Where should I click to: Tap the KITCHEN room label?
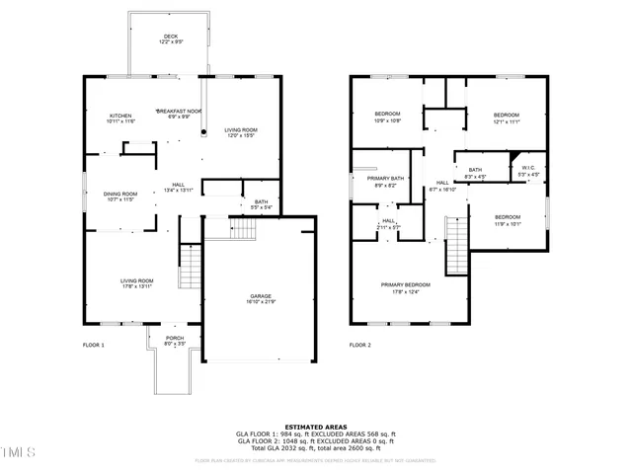pos(120,117)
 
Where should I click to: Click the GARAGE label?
pos(260,299)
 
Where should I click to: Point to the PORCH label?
pos(174,340)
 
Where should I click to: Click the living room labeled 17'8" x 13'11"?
pos(137,282)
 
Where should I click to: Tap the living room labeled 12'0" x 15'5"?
pos(240,131)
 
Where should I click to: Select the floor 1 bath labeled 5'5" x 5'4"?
pos(261,203)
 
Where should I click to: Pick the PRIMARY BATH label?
pos(386,182)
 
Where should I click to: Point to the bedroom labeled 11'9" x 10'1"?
pos(508,219)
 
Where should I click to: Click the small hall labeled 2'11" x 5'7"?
pos(388,223)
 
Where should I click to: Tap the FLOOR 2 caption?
pos(359,345)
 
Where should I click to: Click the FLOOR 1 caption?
pos(93,345)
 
